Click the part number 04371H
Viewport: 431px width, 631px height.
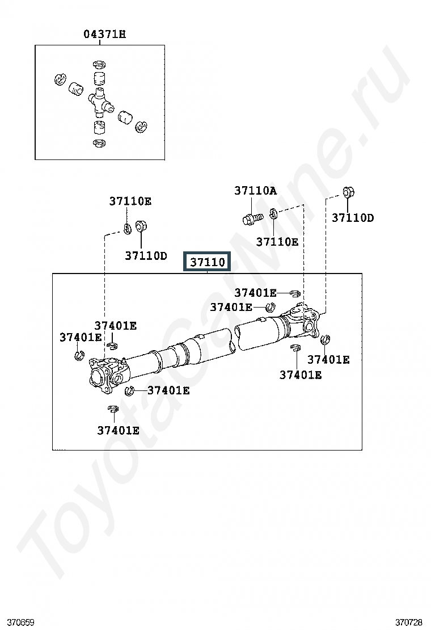coord(104,34)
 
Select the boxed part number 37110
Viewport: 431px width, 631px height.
coord(207,262)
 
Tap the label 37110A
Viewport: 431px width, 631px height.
coord(255,190)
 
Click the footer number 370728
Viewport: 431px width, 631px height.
coord(409,622)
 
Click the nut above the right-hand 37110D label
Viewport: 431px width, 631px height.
coord(348,192)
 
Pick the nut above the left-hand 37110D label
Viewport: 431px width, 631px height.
coord(141,226)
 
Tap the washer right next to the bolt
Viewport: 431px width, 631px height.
coord(273,214)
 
